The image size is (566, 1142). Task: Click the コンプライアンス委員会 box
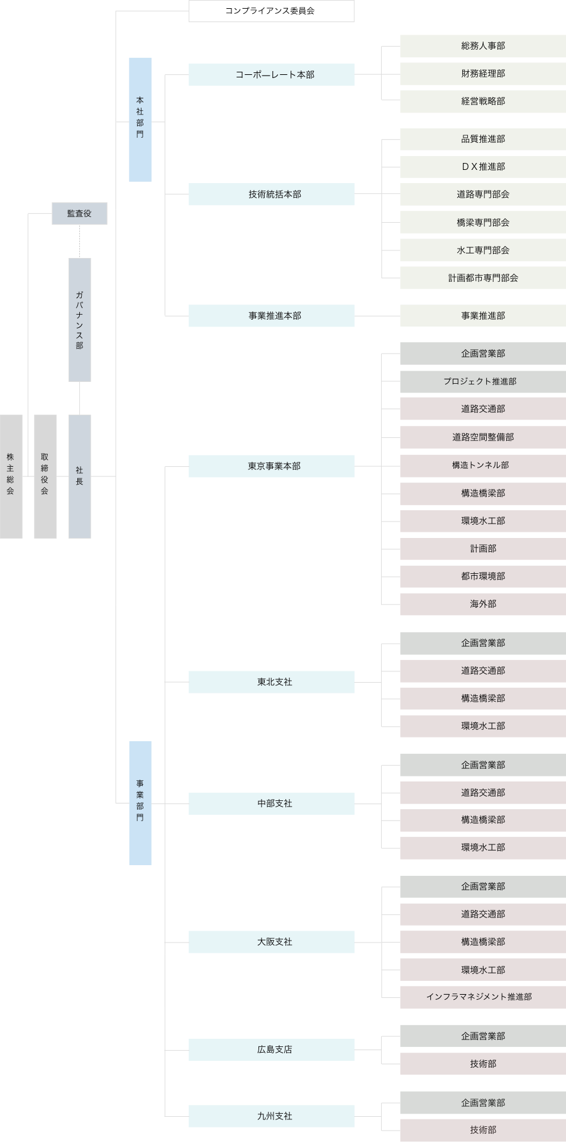[271, 11]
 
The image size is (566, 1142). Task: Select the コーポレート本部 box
[271, 75]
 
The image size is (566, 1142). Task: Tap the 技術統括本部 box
[271, 194]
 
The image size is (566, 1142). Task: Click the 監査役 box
[79, 214]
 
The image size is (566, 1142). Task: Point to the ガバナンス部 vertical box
[79, 320]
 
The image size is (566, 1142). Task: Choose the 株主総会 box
[11, 476]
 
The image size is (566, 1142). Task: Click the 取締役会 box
[45, 476]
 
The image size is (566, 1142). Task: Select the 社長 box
[79, 476]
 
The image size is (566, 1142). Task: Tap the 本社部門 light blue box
[140, 120]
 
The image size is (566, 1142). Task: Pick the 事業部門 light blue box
[140, 803]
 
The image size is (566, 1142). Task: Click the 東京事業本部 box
[271, 466]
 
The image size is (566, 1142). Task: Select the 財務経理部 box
[482, 74]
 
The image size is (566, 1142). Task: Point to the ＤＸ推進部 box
[482, 167]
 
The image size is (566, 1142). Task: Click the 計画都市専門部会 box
[482, 278]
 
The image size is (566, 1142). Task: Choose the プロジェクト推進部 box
[482, 381]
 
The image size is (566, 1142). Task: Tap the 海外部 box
[482, 604]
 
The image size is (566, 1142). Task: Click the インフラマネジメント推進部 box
[482, 997]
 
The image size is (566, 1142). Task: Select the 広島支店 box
[271, 1050]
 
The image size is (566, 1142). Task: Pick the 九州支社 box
[271, 1116]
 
